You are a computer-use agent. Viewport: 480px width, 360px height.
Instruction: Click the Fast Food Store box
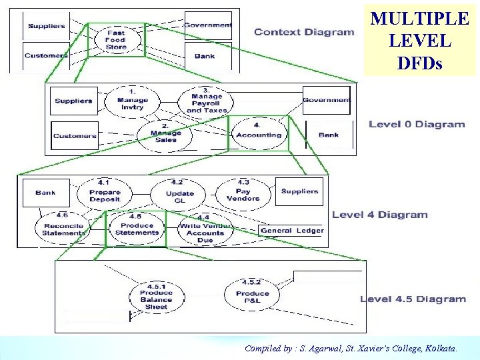click(116, 40)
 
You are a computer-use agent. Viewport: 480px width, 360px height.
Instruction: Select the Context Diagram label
click(304, 32)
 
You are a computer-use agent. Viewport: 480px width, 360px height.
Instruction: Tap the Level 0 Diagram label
click(417, 124)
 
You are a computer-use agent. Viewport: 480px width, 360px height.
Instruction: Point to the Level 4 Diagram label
click(379, 215)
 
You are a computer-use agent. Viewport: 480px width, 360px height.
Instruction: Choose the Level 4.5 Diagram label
click(413, 299)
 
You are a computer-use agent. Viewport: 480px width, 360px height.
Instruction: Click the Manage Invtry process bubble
click(133, 100)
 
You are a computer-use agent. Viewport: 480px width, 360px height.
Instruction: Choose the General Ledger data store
click(292, 231)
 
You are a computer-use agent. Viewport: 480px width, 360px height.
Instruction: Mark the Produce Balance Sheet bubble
click(156, 297)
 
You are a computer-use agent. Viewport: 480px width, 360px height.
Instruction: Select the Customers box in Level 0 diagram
click(75, 136)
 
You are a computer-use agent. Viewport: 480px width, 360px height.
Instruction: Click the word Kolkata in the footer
click(440, 348)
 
